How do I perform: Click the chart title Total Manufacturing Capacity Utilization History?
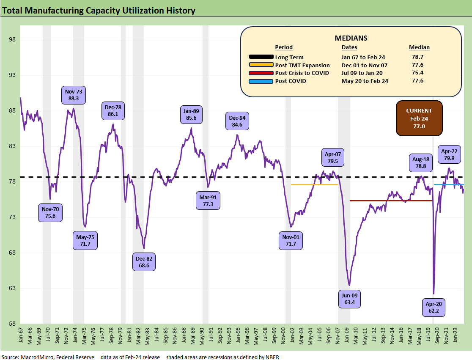pyautogui.click(x=99, y=10)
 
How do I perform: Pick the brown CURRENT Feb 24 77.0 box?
pyautogui.click(x=419, y=118)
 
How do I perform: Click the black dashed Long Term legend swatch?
pyautogui.click(x=261, y=57)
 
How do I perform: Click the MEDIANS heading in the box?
pyautogui.click(x=351, y=38)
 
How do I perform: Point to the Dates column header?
pyautogui.click(x=349, y=47)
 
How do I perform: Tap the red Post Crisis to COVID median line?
pyautogui.click(x=389, y=201)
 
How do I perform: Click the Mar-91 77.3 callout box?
pyautogui.click(x=208, y=200)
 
